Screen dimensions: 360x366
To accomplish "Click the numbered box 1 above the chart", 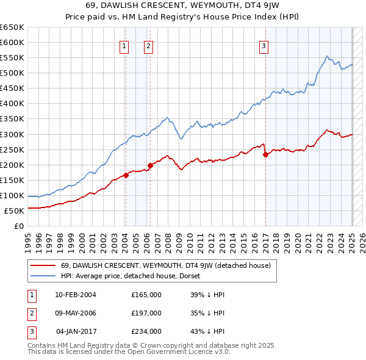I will pos(124,45).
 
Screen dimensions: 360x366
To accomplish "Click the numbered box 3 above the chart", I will pos(264,45).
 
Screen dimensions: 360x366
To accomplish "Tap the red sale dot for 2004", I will pos(126,175).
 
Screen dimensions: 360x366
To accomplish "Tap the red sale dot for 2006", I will pos(150,165).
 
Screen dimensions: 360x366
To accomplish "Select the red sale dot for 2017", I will pos(266,154).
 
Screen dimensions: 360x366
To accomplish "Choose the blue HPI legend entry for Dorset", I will pos(135,276).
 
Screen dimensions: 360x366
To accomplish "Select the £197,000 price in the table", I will pos(146,313).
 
